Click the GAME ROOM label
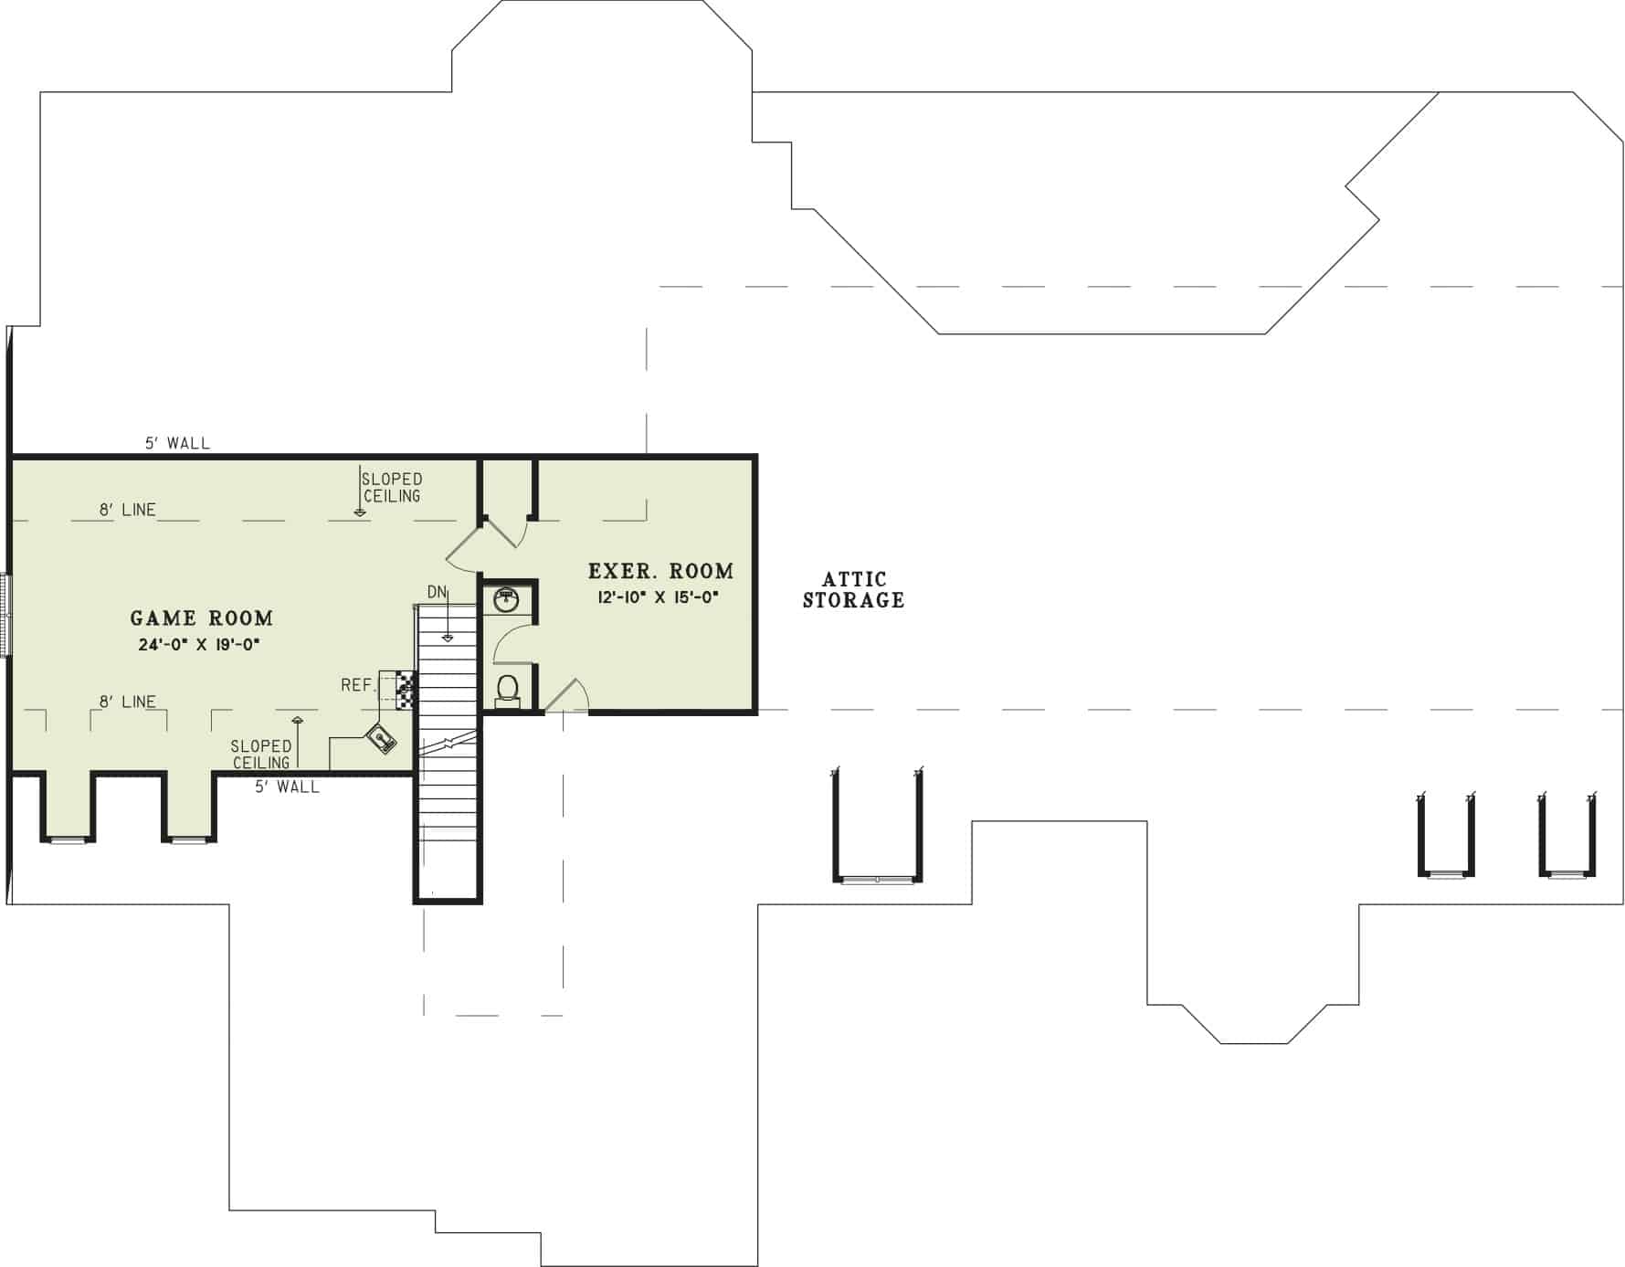201,618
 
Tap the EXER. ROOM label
660,572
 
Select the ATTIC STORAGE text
853,590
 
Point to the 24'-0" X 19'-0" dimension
199,645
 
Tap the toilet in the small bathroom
508,690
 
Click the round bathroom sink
506,599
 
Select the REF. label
357,685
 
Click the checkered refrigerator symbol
406,690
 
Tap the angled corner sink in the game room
381,738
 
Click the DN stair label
437,592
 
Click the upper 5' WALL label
177,443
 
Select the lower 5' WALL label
287,787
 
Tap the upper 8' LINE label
128,510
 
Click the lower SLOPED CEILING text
261,755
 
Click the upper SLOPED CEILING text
392,487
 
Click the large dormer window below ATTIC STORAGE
877,879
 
